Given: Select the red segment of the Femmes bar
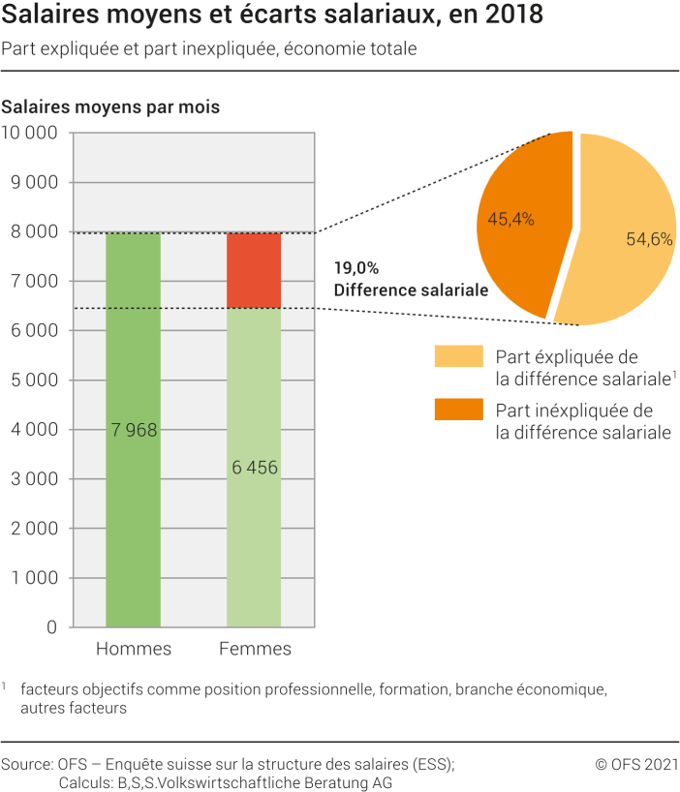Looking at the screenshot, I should (254, 270).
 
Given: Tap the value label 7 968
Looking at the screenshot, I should (133, 430).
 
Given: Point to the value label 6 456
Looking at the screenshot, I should (254, 468).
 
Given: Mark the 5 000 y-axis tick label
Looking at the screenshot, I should (35, 381).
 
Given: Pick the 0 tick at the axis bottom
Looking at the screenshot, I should (52, 627).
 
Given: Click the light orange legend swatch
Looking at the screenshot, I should (458, 357).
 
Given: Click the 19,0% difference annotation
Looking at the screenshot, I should (356, 268).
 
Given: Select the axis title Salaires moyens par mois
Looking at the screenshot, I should (110, 107).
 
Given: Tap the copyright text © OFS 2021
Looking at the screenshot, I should (635, 764).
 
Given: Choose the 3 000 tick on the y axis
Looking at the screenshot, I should (35, 479).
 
